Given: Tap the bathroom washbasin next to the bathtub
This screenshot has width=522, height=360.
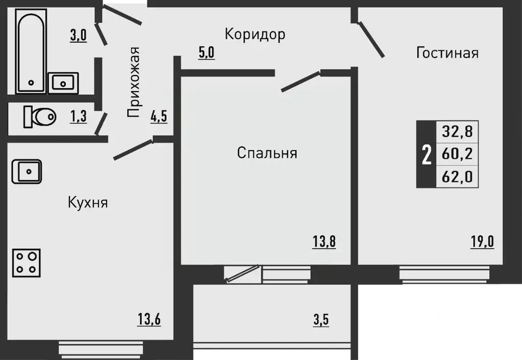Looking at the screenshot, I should coord(63,82).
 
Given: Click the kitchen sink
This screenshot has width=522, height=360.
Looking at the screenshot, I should coord(27,171).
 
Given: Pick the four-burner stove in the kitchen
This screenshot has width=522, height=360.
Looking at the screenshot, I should coord(27,262).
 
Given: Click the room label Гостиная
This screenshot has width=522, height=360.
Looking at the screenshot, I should coord(447,53).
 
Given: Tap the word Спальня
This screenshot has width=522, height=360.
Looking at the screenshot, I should coord(267,152).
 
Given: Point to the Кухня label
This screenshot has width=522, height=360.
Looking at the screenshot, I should coord(87,202).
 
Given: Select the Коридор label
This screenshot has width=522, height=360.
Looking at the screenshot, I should coord(255,34).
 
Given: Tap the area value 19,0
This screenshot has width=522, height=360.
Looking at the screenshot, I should coord(482,241).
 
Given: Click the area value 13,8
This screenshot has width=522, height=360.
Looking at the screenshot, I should coord(324,241).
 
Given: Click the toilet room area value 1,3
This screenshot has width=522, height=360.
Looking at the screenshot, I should coord(78,117).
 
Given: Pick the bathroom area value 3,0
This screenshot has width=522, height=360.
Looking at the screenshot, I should coord(78,36).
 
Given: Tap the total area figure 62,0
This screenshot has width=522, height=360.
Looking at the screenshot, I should coord(457,177).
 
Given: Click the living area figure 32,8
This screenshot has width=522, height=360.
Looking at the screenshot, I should coord(457,132).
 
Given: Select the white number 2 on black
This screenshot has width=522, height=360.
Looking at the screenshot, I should coord(426,154).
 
